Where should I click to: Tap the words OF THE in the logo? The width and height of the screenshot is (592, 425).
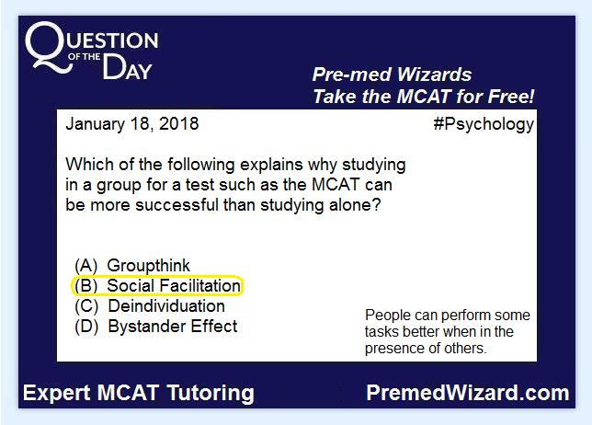point(85,57)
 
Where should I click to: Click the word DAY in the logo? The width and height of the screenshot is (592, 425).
point(127,67)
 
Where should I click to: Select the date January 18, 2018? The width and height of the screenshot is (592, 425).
point(132,124)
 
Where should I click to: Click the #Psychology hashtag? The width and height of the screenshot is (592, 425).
point(484,125)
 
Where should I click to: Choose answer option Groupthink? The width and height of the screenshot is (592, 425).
point(148,266)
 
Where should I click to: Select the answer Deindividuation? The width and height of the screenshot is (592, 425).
point(166,306)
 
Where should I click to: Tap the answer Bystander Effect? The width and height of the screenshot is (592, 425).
point(173,327)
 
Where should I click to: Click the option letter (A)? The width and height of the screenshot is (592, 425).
point(86,266)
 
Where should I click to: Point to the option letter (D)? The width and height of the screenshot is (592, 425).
point(86,327)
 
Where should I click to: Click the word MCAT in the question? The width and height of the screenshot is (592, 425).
point(336,185)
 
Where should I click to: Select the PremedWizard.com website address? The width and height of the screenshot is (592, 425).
point(468,393)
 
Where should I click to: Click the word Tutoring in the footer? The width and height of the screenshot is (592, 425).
point(211,394)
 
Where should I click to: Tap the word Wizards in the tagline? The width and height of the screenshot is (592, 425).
point(434,75)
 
